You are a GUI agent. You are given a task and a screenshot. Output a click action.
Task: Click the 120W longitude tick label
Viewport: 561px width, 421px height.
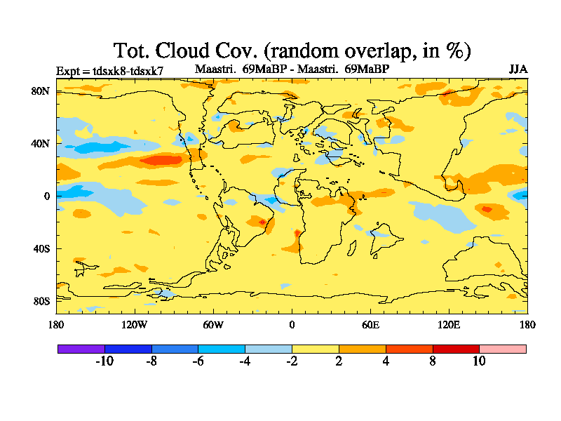pyautogui.click(x=135, y=324)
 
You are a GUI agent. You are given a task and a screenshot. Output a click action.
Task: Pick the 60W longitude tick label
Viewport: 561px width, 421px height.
pyautogui.click(x=213, y=324)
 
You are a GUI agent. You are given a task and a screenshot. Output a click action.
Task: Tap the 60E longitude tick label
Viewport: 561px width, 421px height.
pyautogui.click(x=370, y=324)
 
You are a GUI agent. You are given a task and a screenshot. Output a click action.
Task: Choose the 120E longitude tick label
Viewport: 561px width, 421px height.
pyautogui.click(x=449, y=324)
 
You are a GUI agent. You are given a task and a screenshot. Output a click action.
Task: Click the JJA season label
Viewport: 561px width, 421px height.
pyautogui.click(x=518, y=69)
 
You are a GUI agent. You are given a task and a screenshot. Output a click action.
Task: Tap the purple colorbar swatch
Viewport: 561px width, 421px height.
pyautogui.click(x=81, y=349)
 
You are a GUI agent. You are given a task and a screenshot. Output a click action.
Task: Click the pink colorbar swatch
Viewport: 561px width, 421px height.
pyautogui.click(x=503, y=349)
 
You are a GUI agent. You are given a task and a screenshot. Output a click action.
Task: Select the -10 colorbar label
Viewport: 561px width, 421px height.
pyautogui.click(x=104, y=361)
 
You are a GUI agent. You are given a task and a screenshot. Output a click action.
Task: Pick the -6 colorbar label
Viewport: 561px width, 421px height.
pyautogui.click(x=198, y=361)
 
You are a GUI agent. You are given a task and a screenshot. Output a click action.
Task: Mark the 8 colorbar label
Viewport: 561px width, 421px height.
pyautogui.click(x=433, y=361)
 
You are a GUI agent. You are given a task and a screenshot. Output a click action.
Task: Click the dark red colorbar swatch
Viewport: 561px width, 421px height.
pyautogui.click(x=456, y=349)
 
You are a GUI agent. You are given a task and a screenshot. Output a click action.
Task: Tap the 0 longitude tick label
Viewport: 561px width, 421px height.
pyautogui.click(x=292, y=324)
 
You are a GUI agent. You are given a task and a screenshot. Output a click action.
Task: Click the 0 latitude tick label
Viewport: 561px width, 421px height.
pyautogui.click(x=47, y=196)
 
